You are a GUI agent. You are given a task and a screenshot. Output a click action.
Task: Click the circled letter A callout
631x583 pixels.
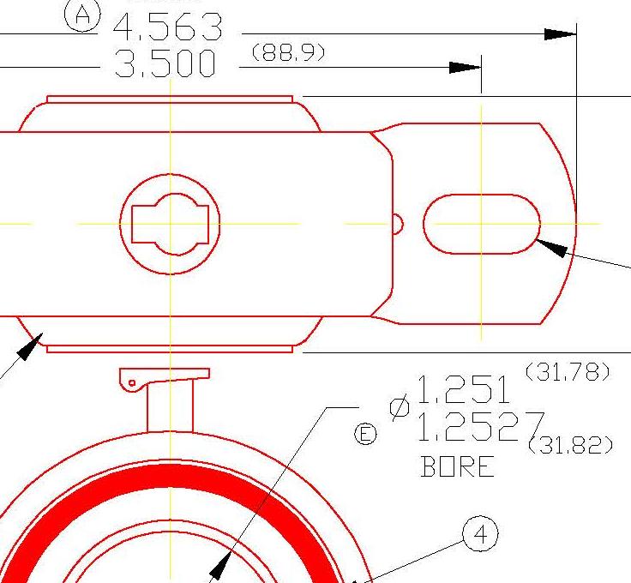coord(83,15)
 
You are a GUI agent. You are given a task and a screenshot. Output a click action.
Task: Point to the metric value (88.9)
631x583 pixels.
coord(288,53)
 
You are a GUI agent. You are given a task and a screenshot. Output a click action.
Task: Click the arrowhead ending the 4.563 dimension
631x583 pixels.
coord(561,34)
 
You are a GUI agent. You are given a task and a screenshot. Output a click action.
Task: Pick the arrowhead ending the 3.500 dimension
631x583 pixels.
coord(466,68)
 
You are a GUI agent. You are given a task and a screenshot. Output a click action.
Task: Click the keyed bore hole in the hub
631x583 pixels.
coord(171,224)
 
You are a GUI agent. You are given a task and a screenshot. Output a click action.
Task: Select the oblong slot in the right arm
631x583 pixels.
coord(482,224)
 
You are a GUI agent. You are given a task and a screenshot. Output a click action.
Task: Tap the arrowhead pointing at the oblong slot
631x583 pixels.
coord(552,247)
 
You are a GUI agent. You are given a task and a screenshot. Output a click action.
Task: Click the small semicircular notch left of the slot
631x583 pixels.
coord(397,224)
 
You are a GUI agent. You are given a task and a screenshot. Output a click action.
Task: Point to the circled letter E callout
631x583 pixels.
coord(365,436)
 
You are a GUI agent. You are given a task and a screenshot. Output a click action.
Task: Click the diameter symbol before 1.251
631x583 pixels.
coord(399,408)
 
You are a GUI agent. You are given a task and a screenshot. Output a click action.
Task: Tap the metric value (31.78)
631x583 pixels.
coord(567,371)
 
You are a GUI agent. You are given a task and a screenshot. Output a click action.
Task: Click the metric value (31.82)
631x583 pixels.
coord(571,445)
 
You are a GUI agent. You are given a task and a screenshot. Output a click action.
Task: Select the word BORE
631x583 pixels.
coord(458,467)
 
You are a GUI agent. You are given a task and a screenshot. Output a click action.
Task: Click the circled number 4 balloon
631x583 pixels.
coord(481,535)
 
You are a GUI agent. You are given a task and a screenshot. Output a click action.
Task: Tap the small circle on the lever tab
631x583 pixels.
coord(132,382)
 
